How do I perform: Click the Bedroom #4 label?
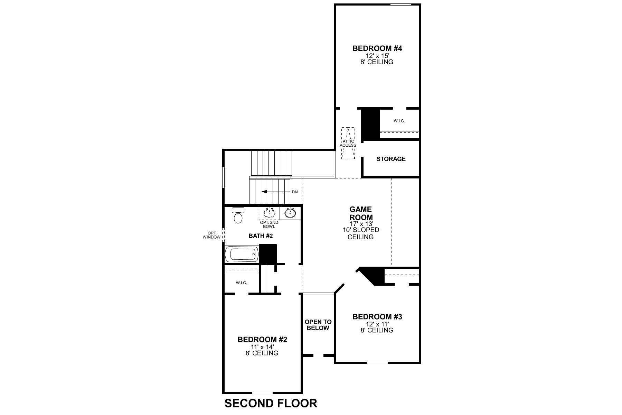point(377,48)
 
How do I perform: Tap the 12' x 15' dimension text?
point(377,56)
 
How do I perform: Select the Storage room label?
point(391,159)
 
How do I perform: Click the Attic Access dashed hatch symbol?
point(348,143)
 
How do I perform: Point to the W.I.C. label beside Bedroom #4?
point(399,121)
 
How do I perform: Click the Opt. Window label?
point(212,235)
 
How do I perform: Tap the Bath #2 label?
point(261,236)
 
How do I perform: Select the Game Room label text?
point(361,213)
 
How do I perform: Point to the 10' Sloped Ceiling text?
point(361,233)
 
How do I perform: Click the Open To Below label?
point(318,325)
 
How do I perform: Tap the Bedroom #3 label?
point(377,317)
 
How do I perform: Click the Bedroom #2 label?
point(262,340)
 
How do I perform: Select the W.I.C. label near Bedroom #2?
point(241,283)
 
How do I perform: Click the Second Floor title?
point(271,403)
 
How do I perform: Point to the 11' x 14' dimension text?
point(262,347)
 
